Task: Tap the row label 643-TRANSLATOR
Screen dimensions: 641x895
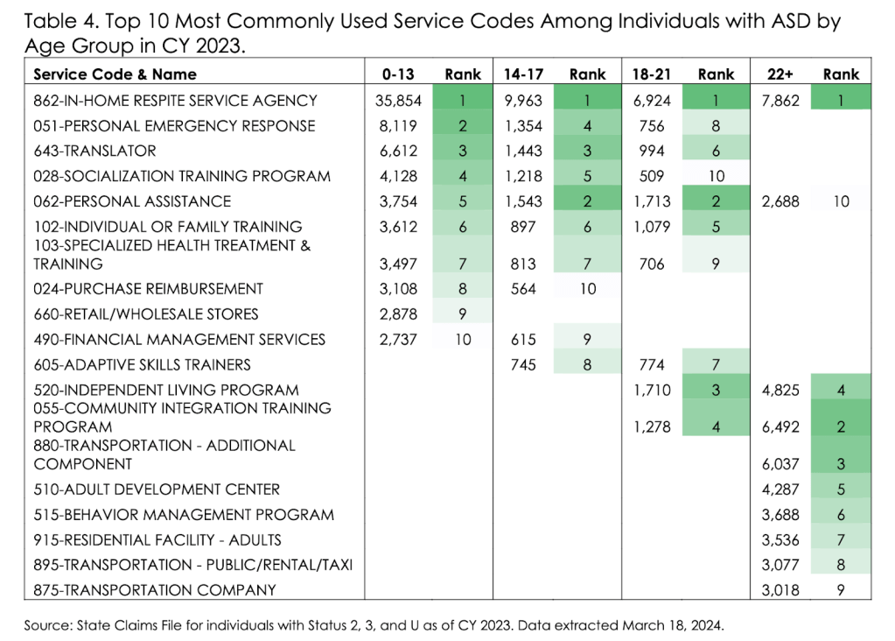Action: pyautogui.click(x=94, y=151)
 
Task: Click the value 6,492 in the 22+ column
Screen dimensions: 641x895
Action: pyautogui.click(x=781, y=426)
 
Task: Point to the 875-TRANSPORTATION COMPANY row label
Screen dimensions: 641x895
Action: pyautogui.click(x=155, y=589)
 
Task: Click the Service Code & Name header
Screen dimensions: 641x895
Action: pyautogui.click(x=115, y=74)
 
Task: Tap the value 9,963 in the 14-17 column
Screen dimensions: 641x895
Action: pyautogui.click(x=523, y=101)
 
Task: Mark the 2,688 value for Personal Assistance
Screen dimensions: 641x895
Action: pyautogui.click(x=781, y=201)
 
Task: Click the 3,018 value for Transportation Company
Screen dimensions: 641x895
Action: pyautogui.click(x=781, y=589)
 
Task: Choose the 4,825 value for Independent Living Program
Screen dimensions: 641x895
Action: pyautogui.click(x=781, y=390)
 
